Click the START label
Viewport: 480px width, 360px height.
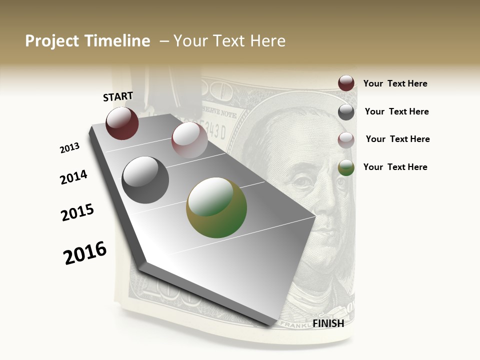[118, 96]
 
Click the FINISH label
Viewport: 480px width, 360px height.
[328, 323]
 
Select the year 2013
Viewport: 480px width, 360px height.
[69, 148]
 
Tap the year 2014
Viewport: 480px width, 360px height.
[73, 177]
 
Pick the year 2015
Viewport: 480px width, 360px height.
[77, 212]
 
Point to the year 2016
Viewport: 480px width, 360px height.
[85, 253]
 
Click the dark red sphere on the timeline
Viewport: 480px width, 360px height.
[122, 123]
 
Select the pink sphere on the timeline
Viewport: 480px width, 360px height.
[189, 140]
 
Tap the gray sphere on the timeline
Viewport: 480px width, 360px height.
[145, 179]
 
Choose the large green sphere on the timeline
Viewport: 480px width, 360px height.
[216, 207]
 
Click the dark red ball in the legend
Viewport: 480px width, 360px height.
[346, 83]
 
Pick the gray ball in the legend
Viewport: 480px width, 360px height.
[346, 112]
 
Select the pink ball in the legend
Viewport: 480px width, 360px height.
[346, 140]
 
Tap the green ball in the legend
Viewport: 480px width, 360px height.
[346, 167]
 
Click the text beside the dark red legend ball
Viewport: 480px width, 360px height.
[395, 83]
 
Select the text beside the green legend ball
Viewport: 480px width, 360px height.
[395, 167]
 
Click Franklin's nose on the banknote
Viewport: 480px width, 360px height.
[312, 200]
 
